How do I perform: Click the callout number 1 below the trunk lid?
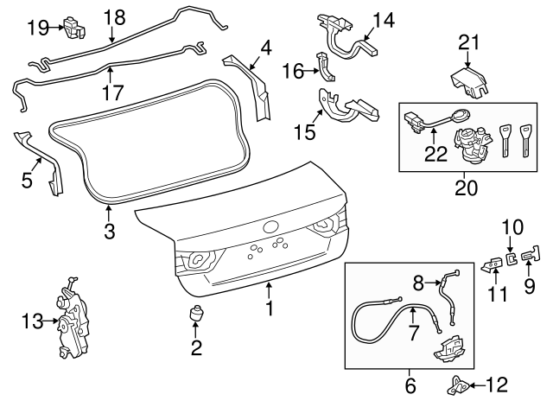click(270, 307)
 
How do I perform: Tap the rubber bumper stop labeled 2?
click(196, 316)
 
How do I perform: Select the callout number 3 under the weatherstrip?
click(109, 232)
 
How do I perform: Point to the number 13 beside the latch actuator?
click(31, 322)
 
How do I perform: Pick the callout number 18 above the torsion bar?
click(114, 16)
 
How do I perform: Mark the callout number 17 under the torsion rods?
click(113, 90)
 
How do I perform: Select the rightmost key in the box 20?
click(524, 139)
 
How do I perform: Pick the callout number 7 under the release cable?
click(412, 333)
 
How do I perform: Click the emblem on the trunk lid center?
click(272, 228)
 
